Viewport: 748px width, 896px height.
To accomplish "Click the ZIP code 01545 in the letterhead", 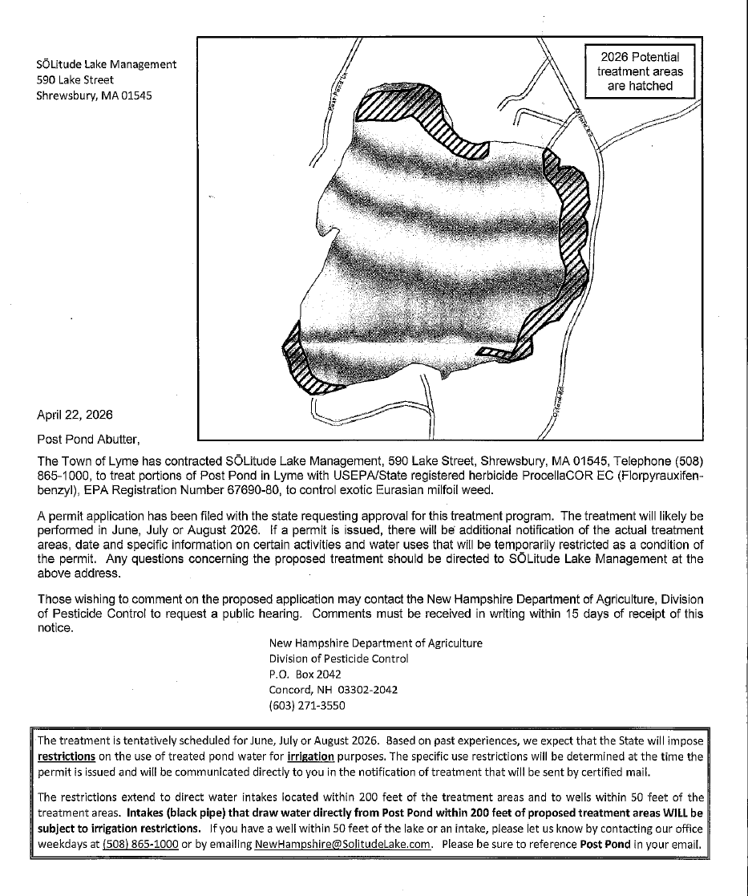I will pos(134,95).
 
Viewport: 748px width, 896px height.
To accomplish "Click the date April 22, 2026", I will pos(75,415).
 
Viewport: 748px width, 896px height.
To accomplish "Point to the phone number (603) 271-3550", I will pos(307,705).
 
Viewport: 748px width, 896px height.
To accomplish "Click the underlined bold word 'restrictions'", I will pos(67,756).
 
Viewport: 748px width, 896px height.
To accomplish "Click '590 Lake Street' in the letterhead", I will pos(75,79).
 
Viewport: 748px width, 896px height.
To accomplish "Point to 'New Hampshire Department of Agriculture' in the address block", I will pos(375,643).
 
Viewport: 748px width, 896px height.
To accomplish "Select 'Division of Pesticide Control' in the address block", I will pos(338,659).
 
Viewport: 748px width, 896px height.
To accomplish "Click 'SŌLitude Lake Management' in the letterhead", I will pos(107,64).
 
